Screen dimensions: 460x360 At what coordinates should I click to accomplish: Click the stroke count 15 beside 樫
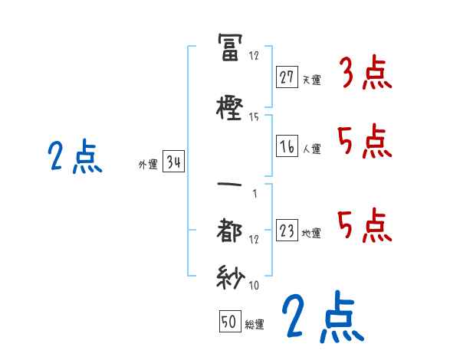[255, 117]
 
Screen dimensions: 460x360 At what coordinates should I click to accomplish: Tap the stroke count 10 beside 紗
[255, 286]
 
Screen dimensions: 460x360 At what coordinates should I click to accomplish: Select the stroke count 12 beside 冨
[255, 56]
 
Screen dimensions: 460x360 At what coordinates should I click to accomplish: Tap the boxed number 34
[173, 163]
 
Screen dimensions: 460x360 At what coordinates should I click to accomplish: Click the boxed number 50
[228, 322]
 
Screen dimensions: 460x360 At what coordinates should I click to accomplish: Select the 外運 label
[148, 165]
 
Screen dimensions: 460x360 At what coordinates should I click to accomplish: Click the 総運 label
[255, 325]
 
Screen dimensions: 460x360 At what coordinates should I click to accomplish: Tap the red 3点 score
[366, 74]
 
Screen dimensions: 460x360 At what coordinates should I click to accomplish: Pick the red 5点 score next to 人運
[365, 142]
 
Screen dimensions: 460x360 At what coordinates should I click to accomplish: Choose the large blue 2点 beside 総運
[321, 317]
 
